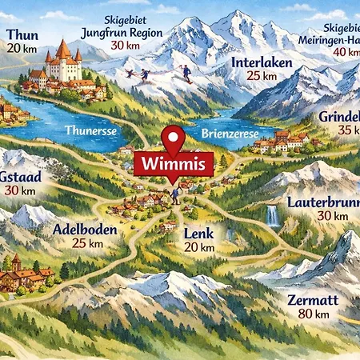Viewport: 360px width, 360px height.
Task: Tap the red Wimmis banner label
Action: (x=174, y=164)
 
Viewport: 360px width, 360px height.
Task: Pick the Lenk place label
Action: (x=199, y=233)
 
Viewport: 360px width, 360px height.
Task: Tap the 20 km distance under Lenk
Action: (x=199, y=247)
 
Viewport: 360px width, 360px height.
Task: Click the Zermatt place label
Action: (x=313, y=301)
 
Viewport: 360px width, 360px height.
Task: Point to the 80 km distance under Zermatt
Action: (x=313, y=315)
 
